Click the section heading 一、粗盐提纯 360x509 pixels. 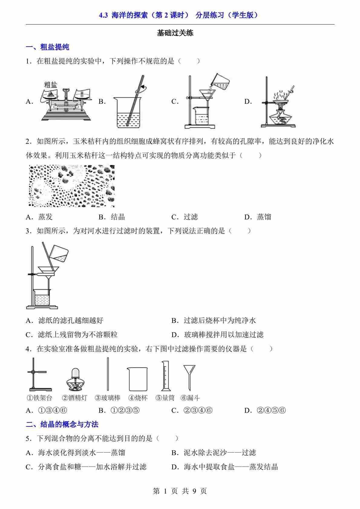pos(47,47)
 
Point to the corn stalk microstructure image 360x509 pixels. pos(72,186)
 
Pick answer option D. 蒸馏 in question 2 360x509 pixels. pos(258,217)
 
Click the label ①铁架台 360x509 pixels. pos(39,398)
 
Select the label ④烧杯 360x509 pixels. pos(138,398)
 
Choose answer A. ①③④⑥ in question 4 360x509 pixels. pos(47,411)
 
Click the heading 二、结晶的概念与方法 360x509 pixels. pos(62,425)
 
